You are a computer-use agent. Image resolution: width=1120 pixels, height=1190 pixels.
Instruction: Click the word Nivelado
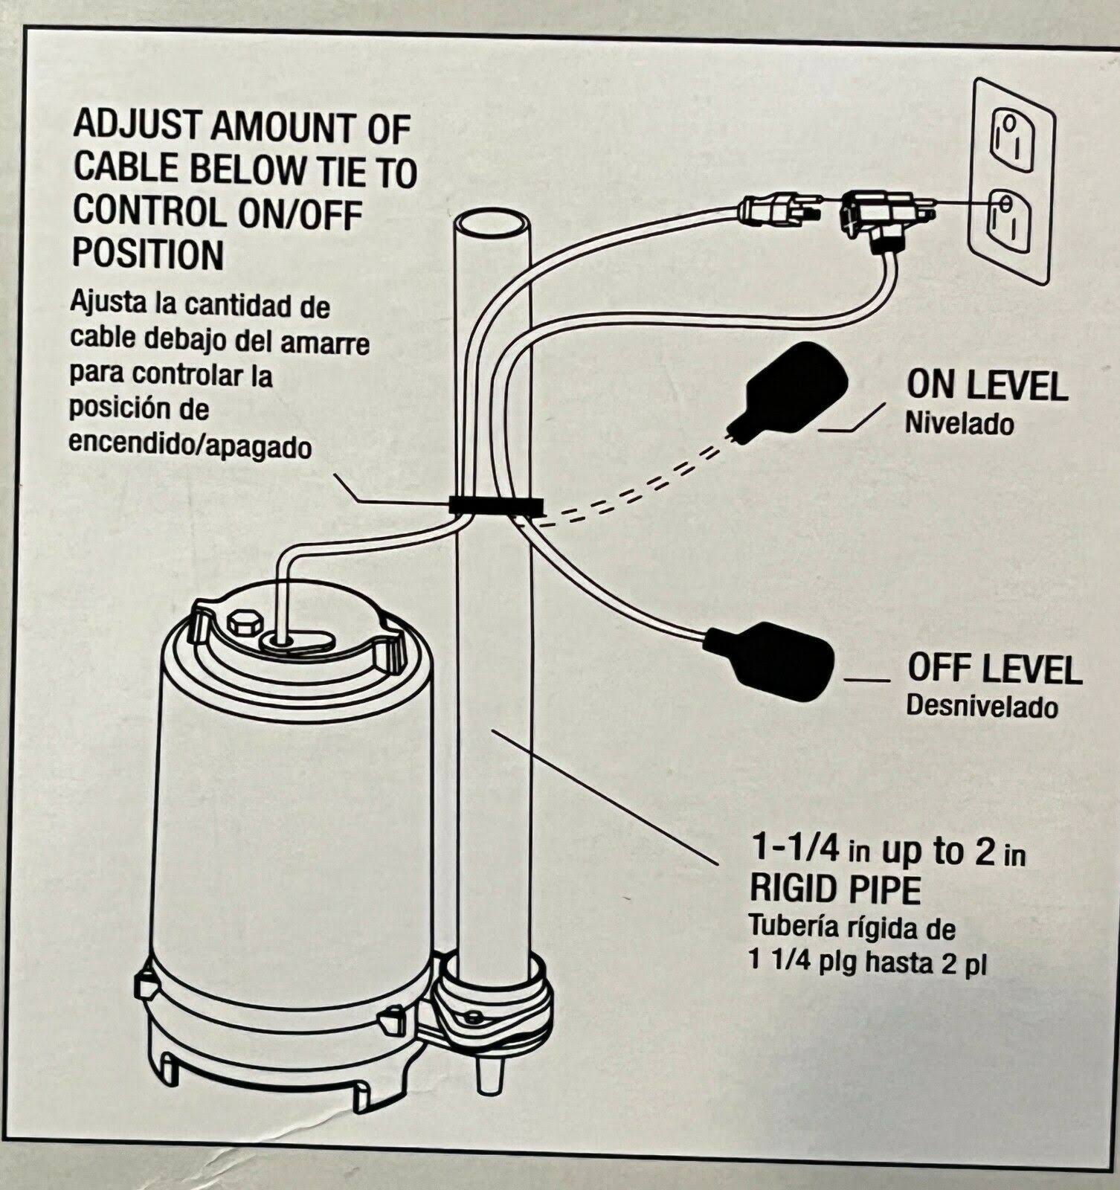pos(959,424)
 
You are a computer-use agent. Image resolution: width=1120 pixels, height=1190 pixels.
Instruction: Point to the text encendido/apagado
pos(190,445)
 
